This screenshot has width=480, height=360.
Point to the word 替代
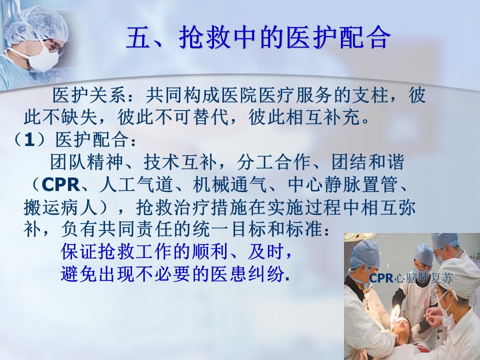click(211, 117)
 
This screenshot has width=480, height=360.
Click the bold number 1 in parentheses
click(29, 140)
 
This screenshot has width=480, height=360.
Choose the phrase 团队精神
click(86, 162)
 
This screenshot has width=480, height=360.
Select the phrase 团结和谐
click(367, 162)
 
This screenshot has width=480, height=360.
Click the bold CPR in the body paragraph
click(60, 184)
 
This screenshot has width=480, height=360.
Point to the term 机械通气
click(229, 184)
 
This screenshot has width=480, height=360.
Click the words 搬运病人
click(60, 207)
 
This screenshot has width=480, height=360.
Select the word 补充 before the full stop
click(342, 117)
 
